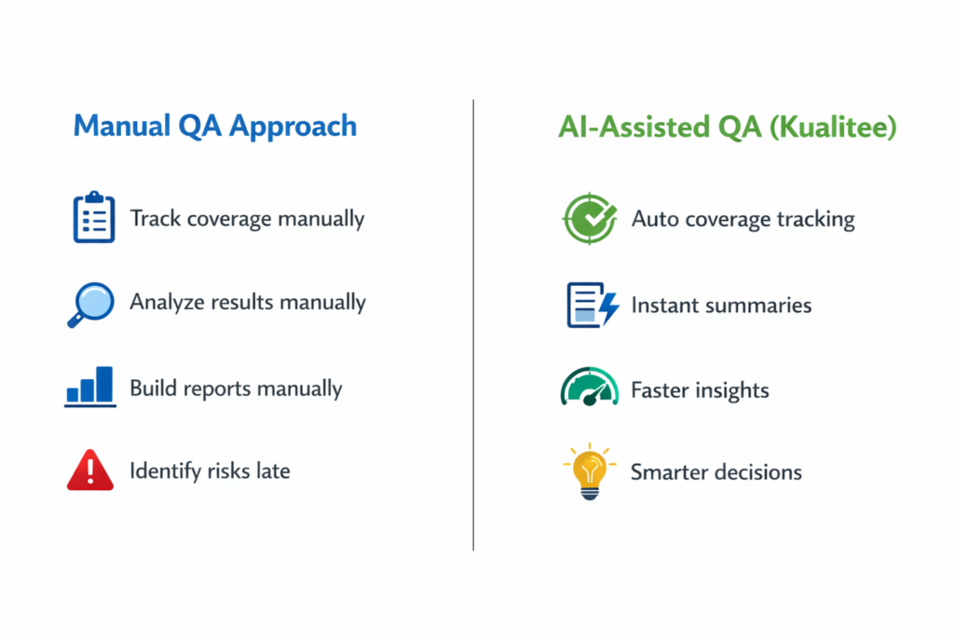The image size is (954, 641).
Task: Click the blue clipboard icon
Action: (x=94, y=217)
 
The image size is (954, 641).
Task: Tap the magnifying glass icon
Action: (x=90, y=304)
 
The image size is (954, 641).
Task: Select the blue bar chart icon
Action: (x=90, y=386)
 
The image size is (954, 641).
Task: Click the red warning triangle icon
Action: (x=90, y=470)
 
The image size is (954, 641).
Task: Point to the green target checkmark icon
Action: (x=589, y=218)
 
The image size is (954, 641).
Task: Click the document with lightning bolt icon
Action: (x=593, y=305)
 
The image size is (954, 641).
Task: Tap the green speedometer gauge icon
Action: (x=589, y=387)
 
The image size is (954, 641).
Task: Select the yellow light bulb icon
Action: (x=589, y=471)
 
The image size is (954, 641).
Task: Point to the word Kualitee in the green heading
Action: (x=833, y=127)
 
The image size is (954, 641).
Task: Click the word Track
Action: (x=156, y=218)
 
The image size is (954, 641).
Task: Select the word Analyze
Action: (x=168, y=302)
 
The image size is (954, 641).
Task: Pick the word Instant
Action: (x=664, y=305)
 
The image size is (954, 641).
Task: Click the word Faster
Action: (x=660, y=389)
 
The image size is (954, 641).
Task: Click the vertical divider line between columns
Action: (x=473, y=325)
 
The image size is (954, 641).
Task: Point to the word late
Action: (x=273, y=471)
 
